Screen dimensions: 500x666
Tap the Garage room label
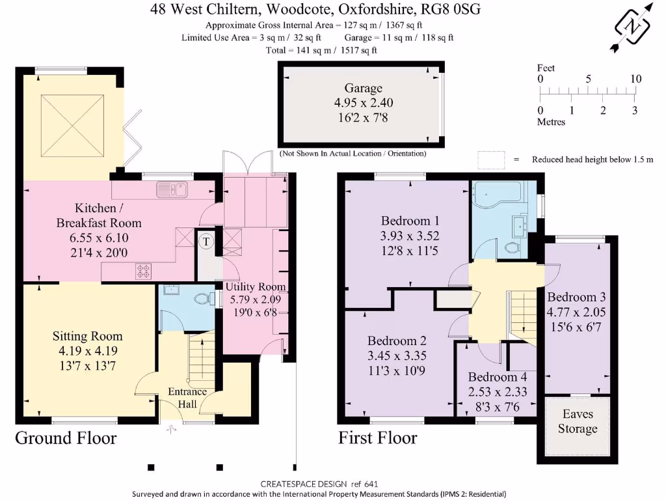coord(363,88)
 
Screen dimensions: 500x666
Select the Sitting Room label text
coord(88,336)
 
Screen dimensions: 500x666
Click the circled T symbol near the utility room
coord(206,242)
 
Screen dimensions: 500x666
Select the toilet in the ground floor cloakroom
coord(204,299)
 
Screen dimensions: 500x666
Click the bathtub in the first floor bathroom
coord(497,193)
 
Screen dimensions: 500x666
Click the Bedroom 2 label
coord(397,340)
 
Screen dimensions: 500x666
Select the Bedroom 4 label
coord(498,377)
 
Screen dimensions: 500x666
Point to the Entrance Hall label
coord(187,397)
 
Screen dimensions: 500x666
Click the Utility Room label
coord(256,286)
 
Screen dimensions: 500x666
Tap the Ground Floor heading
coord(66,437)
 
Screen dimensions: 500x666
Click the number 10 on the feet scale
coord(635,79)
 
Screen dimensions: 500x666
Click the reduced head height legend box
coord(491,160)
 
